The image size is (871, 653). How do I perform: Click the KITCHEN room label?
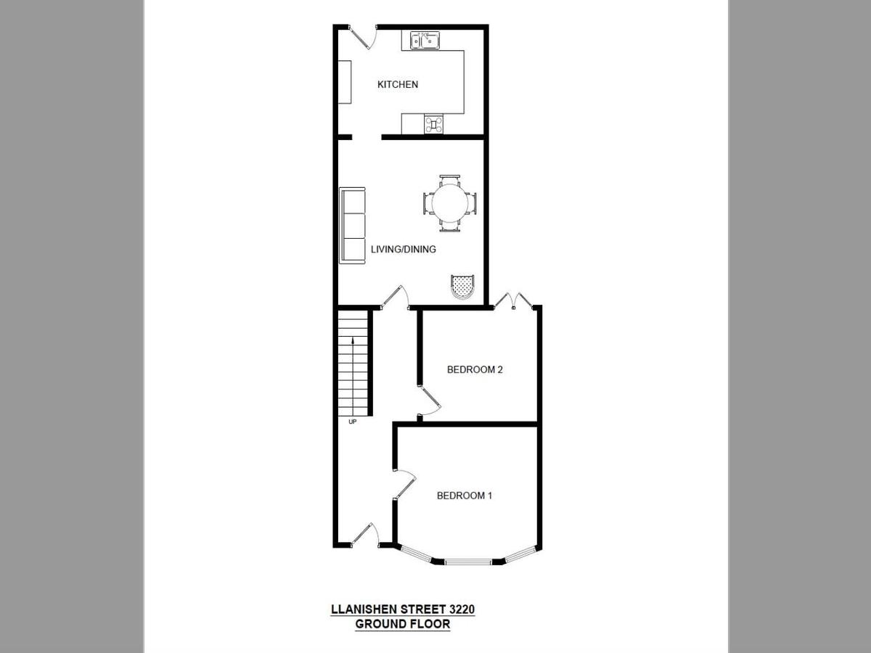(398, 85)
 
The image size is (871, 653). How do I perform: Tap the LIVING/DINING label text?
(404, 250)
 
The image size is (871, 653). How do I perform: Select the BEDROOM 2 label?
(475, 369)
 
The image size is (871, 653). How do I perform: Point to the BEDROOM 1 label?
(465, 496)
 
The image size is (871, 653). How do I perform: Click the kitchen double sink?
(425, 40)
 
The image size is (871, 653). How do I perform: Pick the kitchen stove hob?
(434, 125)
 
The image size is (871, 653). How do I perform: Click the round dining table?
(450, 203)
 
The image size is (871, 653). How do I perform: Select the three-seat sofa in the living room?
(353, 225)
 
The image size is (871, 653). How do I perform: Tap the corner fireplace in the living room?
(462, 287)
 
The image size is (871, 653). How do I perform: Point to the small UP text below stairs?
(353, 422)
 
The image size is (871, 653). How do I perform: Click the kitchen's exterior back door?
(363, 36)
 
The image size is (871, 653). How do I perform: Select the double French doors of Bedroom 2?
(514, 300)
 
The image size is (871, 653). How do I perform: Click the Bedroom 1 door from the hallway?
(405, 485)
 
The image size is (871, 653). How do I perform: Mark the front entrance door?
(363, 535)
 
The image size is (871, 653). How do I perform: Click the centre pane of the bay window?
(468, 561)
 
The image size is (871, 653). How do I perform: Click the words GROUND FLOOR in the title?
(402, 624)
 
